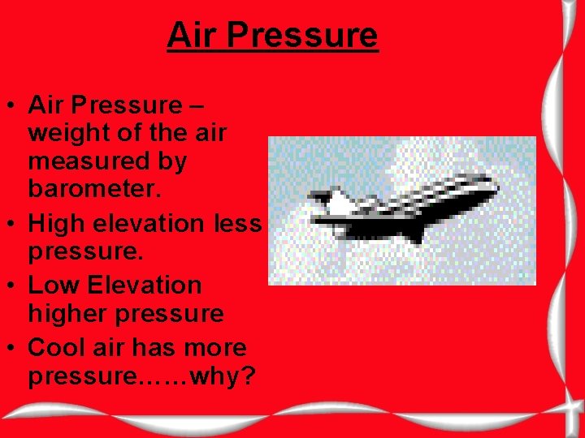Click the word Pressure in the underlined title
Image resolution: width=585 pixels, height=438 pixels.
tap(302, 36)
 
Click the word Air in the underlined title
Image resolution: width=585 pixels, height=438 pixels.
tap(193, 36)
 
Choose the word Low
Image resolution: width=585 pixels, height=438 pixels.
tap(54, 286)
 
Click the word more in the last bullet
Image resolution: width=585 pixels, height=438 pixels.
tap(216, 348)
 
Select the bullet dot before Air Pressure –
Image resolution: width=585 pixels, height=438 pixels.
tap(14, 105)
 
